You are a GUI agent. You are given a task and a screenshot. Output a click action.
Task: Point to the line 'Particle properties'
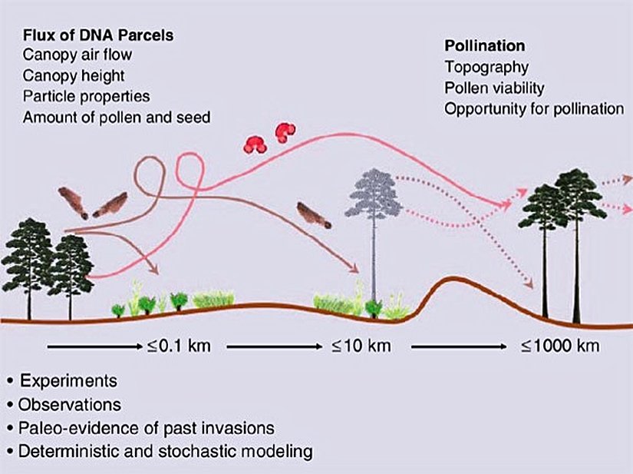click(86, 97)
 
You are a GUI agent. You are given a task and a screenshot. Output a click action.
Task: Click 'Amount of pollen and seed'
click(117, 118)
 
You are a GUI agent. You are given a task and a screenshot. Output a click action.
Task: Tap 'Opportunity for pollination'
click(534, 108)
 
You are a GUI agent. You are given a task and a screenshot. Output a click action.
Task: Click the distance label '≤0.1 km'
click(178, 346)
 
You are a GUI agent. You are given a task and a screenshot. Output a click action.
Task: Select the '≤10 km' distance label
click(361, 346)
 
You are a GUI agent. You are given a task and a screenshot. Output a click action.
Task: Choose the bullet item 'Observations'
click(71, 403)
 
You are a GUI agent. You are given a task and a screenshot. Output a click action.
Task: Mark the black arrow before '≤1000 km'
click(460, 346)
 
